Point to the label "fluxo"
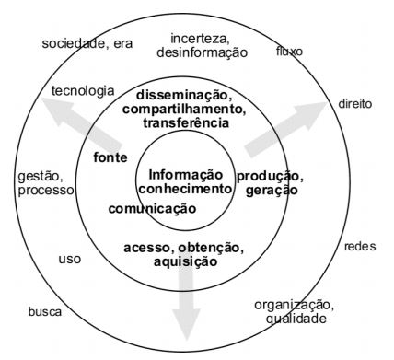(289, 51)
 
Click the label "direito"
(354, 104)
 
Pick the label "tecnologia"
(83, 91)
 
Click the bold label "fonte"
(110, 157)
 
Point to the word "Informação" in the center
(186, 174)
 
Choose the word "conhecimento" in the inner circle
(186, 188)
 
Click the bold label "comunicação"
(152, 209)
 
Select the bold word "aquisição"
(186, 261)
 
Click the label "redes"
(360, 247)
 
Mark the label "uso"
(70, 259)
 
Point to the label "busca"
(45, 311)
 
